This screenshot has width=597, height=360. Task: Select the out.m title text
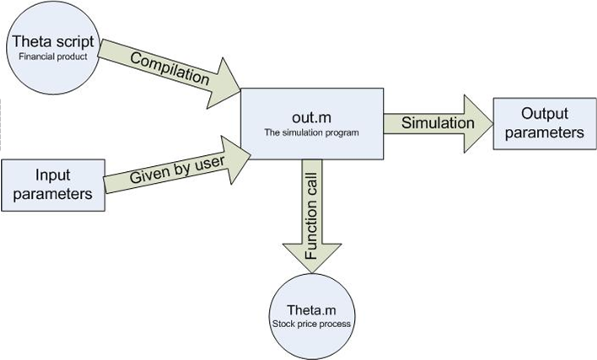tap(311, 118)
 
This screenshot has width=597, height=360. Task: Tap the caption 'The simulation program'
tap(311, 133)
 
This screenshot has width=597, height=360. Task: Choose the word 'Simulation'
tap(437, 123)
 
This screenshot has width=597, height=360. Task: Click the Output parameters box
tap(539, 123)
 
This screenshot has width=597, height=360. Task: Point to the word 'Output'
tap(540, 114)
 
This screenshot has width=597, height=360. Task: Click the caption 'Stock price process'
tap(314, 321)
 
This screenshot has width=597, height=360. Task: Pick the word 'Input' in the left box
tap(51, 175)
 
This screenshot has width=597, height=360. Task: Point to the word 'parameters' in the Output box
tap(540, 132)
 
